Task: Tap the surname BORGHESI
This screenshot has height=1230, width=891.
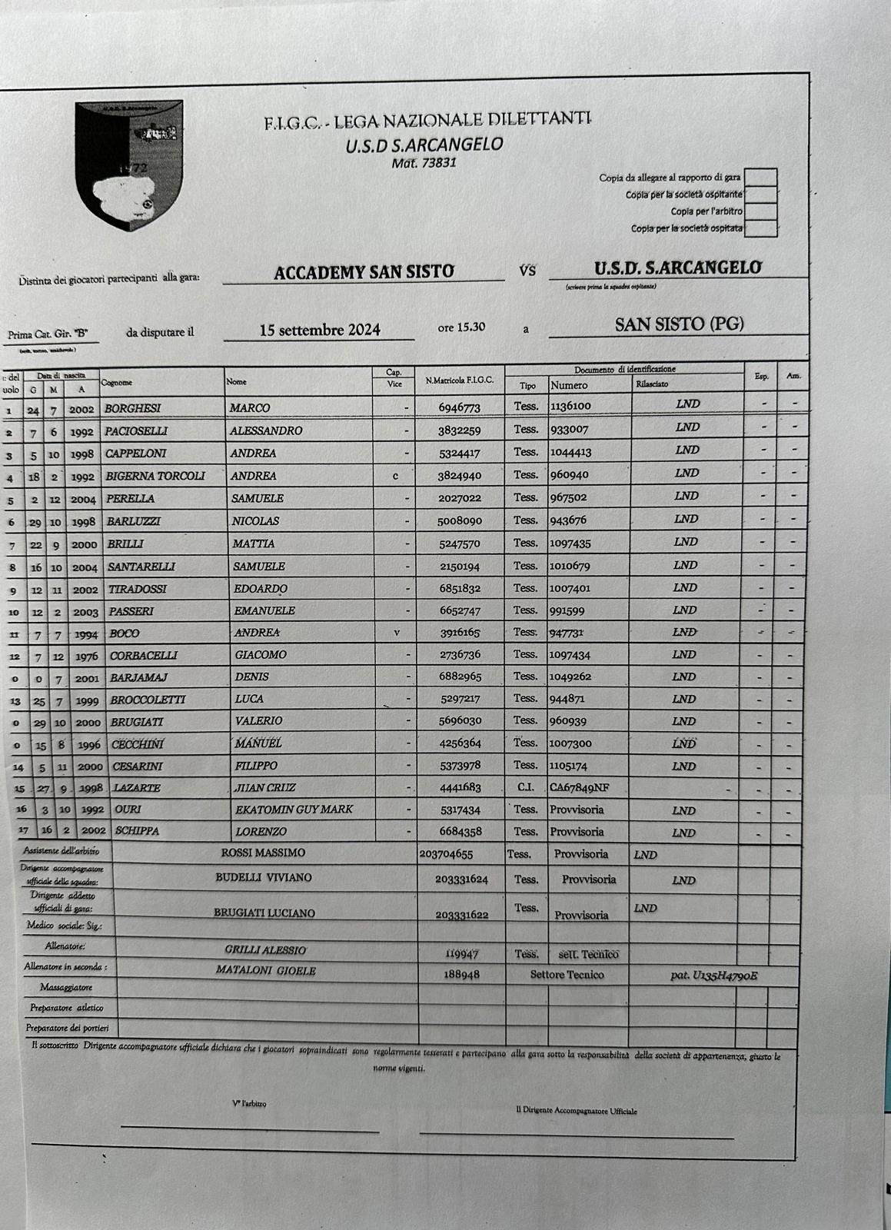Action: [133, 408]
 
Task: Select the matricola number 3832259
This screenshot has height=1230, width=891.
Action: [459, 431]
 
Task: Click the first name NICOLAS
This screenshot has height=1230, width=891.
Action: [256, 521]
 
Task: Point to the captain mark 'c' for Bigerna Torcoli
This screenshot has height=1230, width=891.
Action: [395, 476]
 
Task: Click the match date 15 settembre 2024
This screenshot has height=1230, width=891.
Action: [320, 331]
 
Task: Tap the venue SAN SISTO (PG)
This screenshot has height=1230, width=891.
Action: [679, 324]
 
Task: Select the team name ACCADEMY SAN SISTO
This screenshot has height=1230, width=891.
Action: [364, 271]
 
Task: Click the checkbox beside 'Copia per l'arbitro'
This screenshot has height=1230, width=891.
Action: [760, 211]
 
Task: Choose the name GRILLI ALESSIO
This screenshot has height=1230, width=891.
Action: [265, 950]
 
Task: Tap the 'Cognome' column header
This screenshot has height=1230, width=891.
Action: [117, 383]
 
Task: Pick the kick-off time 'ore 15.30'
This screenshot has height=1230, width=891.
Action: [461, 327]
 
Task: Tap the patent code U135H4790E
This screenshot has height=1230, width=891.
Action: [714, 976]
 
